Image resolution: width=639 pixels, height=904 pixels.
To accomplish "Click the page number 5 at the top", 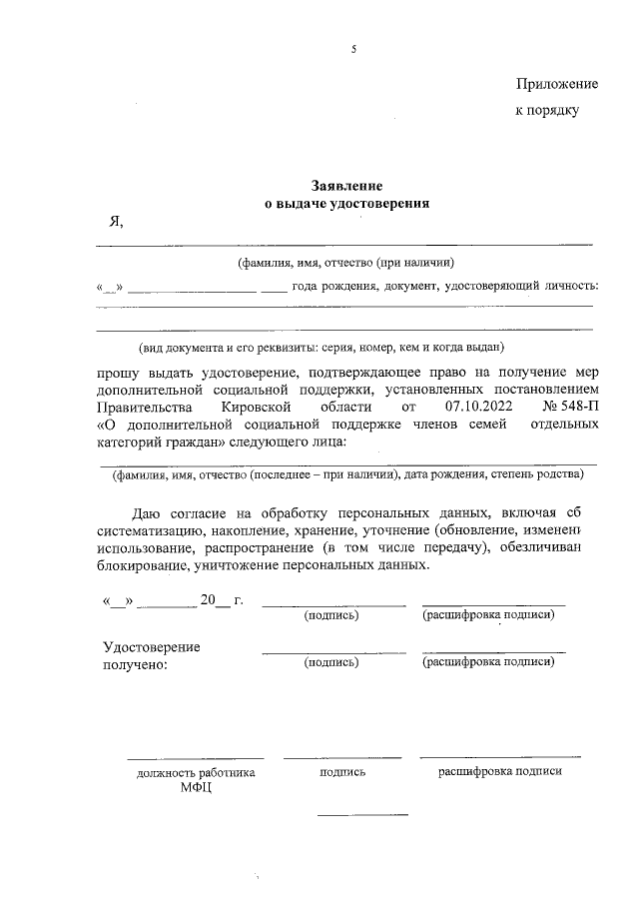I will point(353,49).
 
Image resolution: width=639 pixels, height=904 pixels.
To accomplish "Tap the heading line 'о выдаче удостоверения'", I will point(345,203).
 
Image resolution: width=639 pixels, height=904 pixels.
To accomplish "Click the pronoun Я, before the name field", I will point(116,221).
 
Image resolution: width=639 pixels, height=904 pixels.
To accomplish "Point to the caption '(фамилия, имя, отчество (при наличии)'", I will point(345,264).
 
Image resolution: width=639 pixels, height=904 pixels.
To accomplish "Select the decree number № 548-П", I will point(570,408).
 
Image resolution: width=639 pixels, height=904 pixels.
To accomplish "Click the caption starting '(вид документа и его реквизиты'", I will point(321,348).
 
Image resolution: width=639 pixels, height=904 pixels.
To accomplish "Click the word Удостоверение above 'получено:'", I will point(152,646).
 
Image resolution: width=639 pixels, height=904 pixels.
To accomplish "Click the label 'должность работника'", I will point(197,772).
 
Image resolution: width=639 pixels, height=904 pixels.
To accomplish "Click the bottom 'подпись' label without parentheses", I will point(342,772).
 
